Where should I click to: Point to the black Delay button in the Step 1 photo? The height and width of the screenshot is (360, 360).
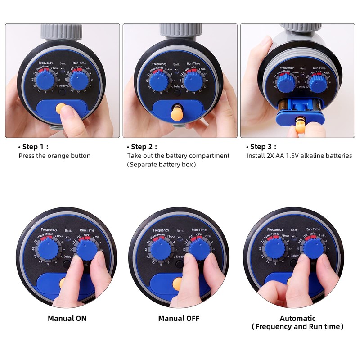pyautogui.click(x=62, y=91)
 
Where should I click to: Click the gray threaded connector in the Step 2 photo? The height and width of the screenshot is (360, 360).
pyautogui.click(x=180, y=32)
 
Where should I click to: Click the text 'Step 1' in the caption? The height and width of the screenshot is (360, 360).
pyautogui.click(x=33, y=147)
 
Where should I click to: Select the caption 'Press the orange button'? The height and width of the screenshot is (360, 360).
pyautogui.click(x=54, y=156)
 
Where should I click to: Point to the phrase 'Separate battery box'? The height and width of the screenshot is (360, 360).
pyautogui.click(x=162, y=165)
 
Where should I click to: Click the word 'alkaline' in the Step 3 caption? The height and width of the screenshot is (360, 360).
pyautogui.click(x=310, y=156)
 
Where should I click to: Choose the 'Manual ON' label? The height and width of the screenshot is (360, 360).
pyautogui.click(x=67, y=318)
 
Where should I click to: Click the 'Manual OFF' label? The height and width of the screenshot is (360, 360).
pyautogui.click(x=179, y=318)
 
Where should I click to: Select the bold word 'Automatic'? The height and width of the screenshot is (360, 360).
pyautogui.click(x=297, y=318)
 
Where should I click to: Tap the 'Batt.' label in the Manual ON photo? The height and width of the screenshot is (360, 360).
pyautogui.click(x=68, y=230)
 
